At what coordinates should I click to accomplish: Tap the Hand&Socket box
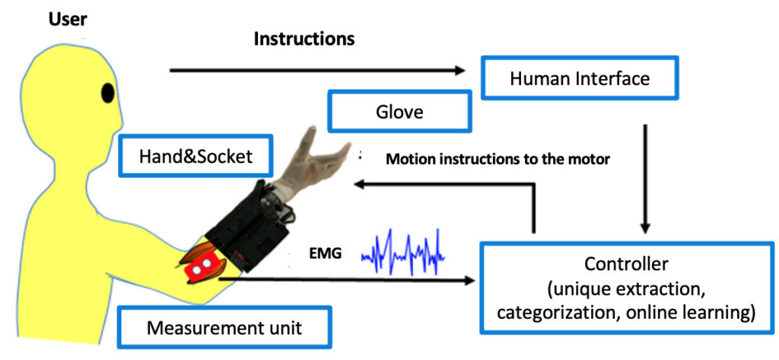click(x=196, y=156)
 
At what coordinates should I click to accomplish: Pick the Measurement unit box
click(x=224, y=328)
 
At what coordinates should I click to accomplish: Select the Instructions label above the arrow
click(x=304, y=39)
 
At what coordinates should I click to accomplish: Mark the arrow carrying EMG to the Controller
click(x=342, y=281)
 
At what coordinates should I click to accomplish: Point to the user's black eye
click(x=108, y=94)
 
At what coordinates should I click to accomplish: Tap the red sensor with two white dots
click(x=202, y=266)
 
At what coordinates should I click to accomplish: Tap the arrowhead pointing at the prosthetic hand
click(x=362, y=184)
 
